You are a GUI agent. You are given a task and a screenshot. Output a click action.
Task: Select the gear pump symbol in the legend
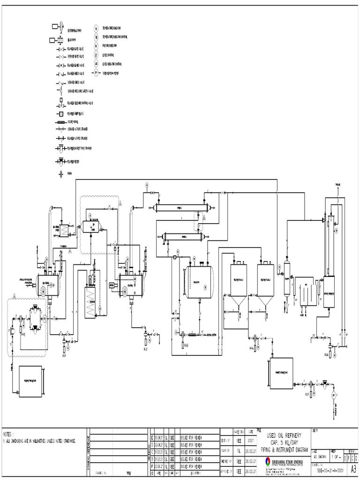pos(59,41)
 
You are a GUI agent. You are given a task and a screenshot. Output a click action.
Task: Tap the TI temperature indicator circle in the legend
pos(96,28)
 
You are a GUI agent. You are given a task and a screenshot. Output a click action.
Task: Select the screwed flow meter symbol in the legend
pos(96,73)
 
